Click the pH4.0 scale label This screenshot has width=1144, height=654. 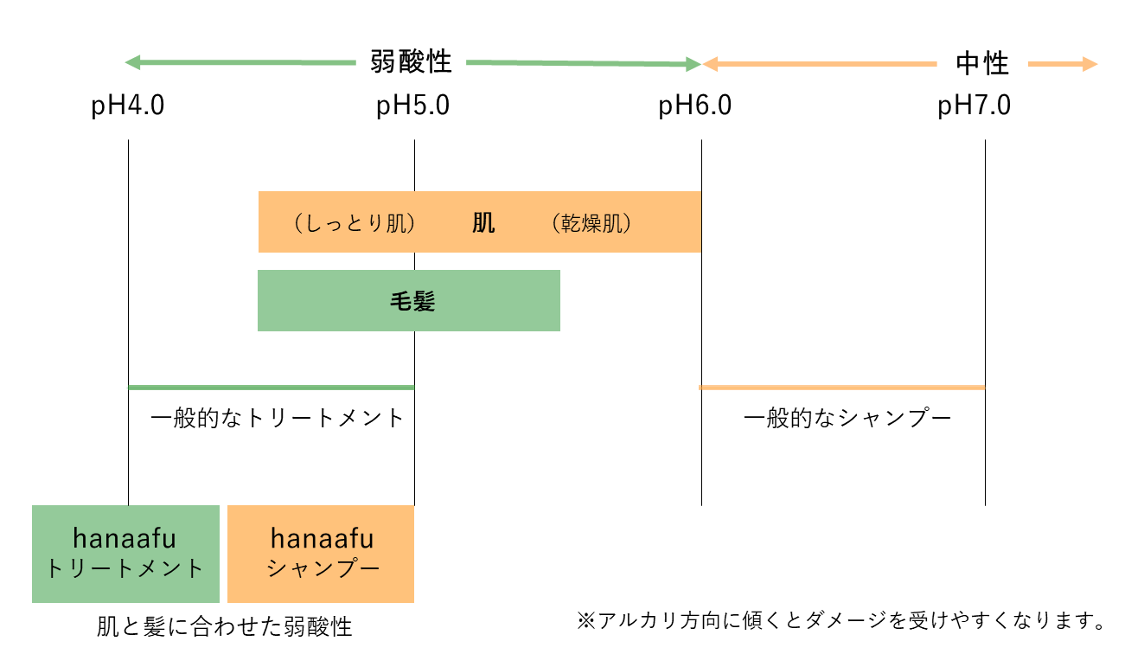[128, 106]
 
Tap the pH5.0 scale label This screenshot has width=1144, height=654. [412, 106]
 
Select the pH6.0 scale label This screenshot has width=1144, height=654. [694, 106]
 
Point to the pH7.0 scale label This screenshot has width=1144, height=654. [974, 106]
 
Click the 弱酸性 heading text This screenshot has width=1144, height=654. [411, 62]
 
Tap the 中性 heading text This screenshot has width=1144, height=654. [982, 64]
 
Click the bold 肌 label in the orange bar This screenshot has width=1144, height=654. [483, 223]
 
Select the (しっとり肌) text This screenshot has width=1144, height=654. [355, 223]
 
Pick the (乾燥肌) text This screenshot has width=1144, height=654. [591, 223]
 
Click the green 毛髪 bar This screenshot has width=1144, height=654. [408, 300]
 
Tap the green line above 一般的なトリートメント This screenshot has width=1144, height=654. [272, 388]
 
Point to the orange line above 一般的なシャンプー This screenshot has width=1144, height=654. [841, 388]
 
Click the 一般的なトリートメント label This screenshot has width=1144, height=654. [278, 419]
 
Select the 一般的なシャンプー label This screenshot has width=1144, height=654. [847, 419]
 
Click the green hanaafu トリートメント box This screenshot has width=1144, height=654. [125, 554]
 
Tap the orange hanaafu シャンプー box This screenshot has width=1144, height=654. [321, 554]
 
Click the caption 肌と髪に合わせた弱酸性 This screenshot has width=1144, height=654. [225, 626]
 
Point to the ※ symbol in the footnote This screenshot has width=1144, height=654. [586, 621]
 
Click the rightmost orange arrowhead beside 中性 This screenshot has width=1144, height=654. [1090, 64]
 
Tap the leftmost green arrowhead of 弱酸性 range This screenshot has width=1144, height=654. [133, 63]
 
